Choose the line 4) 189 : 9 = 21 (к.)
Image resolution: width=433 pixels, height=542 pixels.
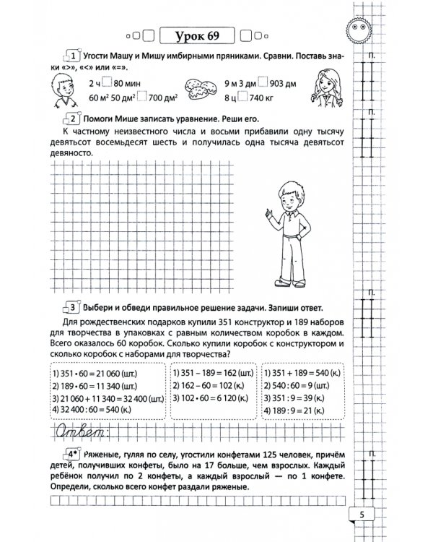303,408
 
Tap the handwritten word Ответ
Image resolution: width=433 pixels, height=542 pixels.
77,433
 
